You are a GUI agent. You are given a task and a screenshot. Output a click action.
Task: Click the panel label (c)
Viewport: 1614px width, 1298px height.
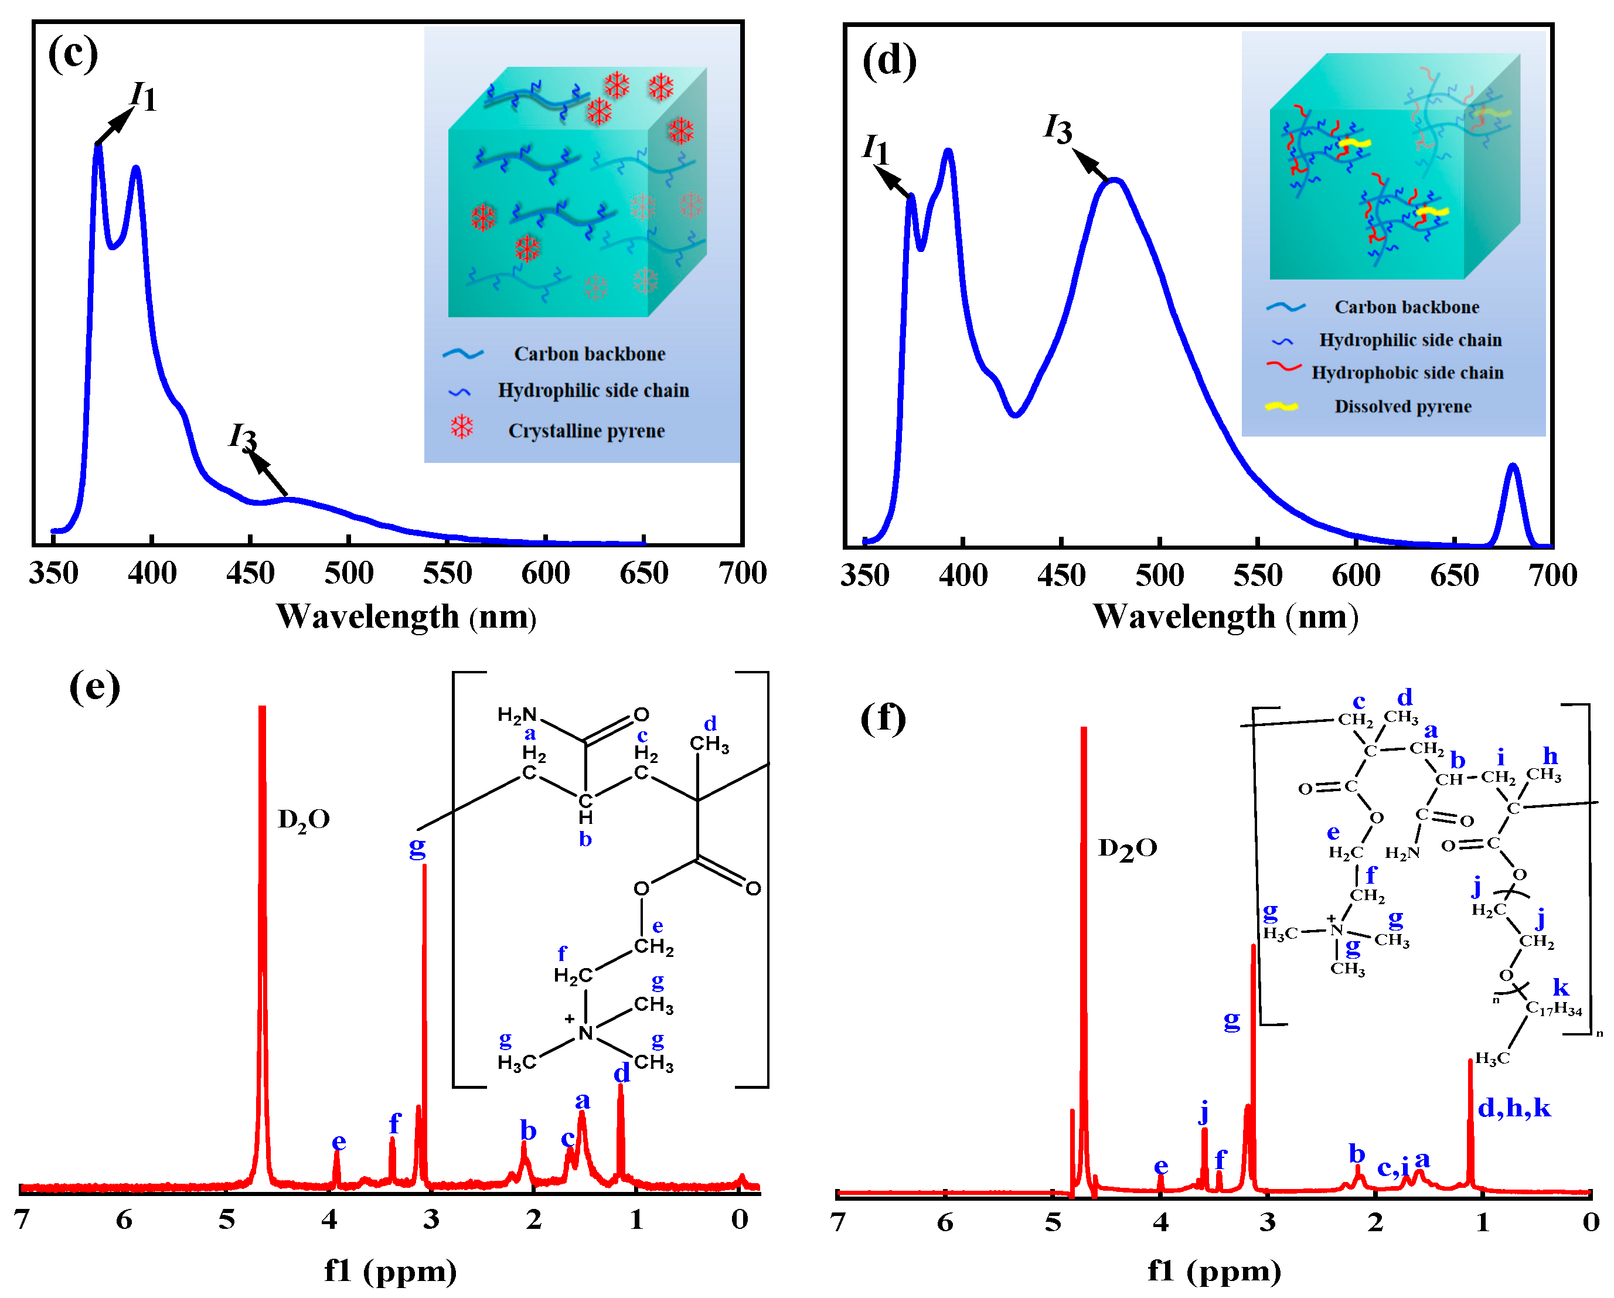pos(73,54)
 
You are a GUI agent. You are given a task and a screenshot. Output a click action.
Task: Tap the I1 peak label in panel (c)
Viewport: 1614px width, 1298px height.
pos(142,96)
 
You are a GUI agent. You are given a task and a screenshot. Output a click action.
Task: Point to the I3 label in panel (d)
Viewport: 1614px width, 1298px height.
pos(1058,129)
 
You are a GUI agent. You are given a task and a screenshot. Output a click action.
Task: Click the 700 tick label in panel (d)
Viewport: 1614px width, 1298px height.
pos(1552,575)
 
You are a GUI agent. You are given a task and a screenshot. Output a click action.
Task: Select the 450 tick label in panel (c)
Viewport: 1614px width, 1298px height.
pos(250,573)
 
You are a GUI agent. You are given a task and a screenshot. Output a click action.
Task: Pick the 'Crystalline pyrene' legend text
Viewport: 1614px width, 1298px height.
pos(586,431)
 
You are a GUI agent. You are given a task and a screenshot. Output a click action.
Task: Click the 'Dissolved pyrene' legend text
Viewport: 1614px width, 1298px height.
pos(1402,407)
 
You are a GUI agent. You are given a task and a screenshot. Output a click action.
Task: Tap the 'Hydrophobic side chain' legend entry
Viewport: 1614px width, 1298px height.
pos(1407,373)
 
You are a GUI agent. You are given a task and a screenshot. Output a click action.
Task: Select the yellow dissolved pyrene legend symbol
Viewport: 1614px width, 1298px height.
pos(1281,407)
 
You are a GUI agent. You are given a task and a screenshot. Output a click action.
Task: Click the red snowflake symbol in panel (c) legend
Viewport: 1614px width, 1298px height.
pos(461,427)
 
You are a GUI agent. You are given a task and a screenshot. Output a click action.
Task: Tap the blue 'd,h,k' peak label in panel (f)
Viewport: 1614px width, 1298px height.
pos(1514,1108)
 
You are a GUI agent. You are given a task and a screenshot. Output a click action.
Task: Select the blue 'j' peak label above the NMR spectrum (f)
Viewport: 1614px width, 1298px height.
pos(1203,1112)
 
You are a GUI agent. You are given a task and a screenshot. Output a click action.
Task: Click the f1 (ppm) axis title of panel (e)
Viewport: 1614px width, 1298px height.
pos(390,1270)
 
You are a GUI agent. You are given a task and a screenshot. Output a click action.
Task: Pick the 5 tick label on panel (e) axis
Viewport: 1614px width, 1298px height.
pos(226,1219)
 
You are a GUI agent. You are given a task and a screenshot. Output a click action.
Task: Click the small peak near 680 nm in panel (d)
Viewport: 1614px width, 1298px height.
pos(1512,468)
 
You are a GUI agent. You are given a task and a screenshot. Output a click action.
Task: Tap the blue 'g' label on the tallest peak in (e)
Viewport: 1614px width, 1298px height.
pos(417,847)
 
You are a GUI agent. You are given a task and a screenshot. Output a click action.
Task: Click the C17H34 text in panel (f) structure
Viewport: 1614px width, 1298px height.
pos(1554,1009)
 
